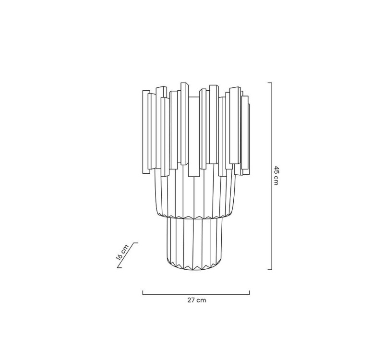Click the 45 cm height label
pos(276,176)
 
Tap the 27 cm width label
pos(197,300)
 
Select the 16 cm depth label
pos(122,252)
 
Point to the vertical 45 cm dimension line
pos(271,176)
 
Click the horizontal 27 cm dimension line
pos(196,294)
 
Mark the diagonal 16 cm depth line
pos(127,255)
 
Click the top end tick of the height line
pos(269,83)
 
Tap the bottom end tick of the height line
pos(269,269)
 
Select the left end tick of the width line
pos(143,293)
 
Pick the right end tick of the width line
pos(249,293)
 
